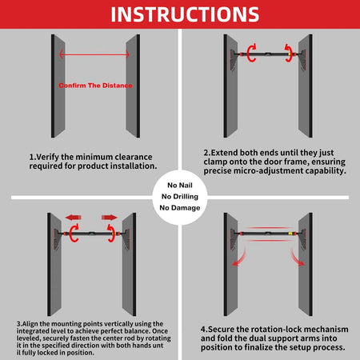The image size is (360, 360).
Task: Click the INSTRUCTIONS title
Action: click(185, 14)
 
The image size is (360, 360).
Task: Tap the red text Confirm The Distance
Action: click(95, 86)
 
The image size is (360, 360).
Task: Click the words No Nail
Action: click(180, 185)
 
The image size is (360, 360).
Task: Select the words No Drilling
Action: click(180, 197)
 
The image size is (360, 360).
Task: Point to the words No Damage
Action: click(180, 208)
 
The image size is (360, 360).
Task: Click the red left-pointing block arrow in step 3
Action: click(74, 218)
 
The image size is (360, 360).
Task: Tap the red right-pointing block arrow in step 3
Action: click(110, 218)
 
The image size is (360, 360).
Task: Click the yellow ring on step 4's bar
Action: click(290, 234)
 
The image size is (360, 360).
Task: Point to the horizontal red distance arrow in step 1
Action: click(94, 54)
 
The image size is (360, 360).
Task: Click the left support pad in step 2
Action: click(233, 60)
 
